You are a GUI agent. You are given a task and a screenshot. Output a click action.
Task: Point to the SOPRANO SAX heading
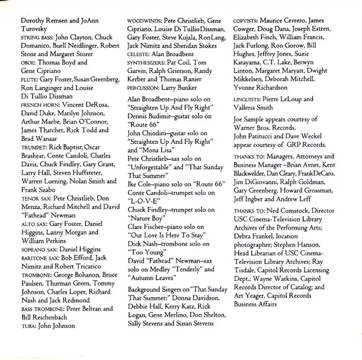[x=31, y=248]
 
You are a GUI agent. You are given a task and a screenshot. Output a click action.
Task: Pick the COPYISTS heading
[x=249, y=21]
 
